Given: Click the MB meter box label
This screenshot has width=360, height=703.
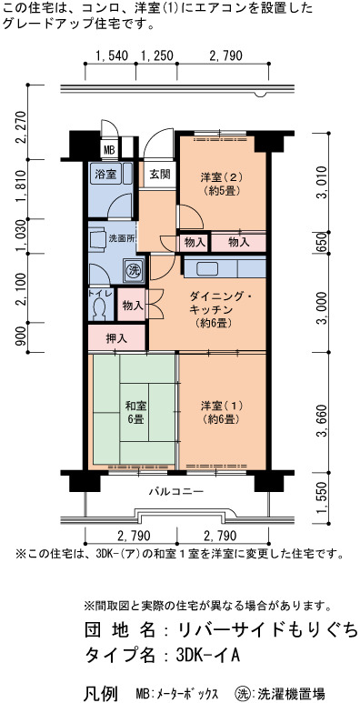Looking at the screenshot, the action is point(109,150).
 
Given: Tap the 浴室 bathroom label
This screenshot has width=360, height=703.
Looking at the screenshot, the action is point(105,174).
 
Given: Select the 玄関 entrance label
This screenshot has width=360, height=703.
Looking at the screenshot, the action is point(160,174).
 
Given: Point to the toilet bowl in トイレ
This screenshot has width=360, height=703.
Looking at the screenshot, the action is point(99,309).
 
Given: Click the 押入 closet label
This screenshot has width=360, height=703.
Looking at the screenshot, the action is point(116,338).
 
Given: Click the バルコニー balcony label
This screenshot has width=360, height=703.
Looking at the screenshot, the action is point(176,491).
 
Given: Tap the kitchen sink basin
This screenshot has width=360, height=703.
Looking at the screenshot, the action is point(207,268).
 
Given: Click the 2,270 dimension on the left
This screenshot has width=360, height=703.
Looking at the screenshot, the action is point(20,127).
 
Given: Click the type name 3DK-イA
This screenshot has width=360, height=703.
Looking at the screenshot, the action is point(208,656).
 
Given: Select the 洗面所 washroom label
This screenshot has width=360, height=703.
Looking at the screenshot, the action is point(122,238).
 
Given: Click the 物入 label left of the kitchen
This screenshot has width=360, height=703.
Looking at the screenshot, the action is point(133,306).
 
